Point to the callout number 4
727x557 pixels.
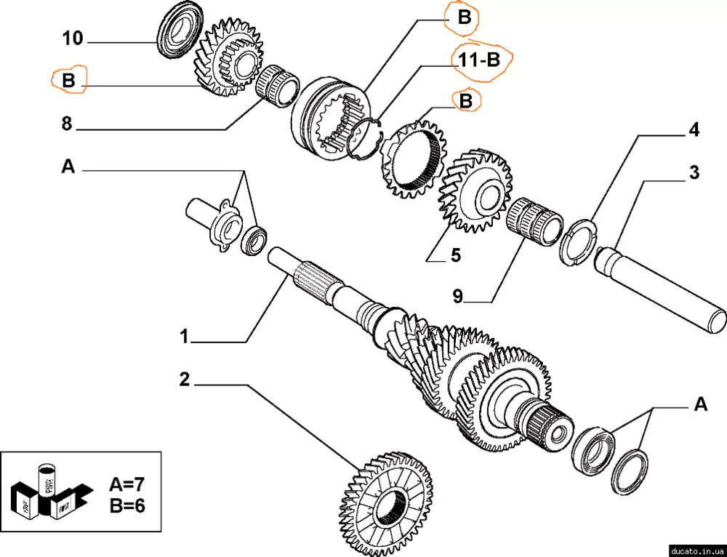click(694, 131)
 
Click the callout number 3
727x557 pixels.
click(694, 172)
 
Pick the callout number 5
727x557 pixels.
click(456, 255)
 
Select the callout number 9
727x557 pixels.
click(457, 297)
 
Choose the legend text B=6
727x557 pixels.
click(127, 505)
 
